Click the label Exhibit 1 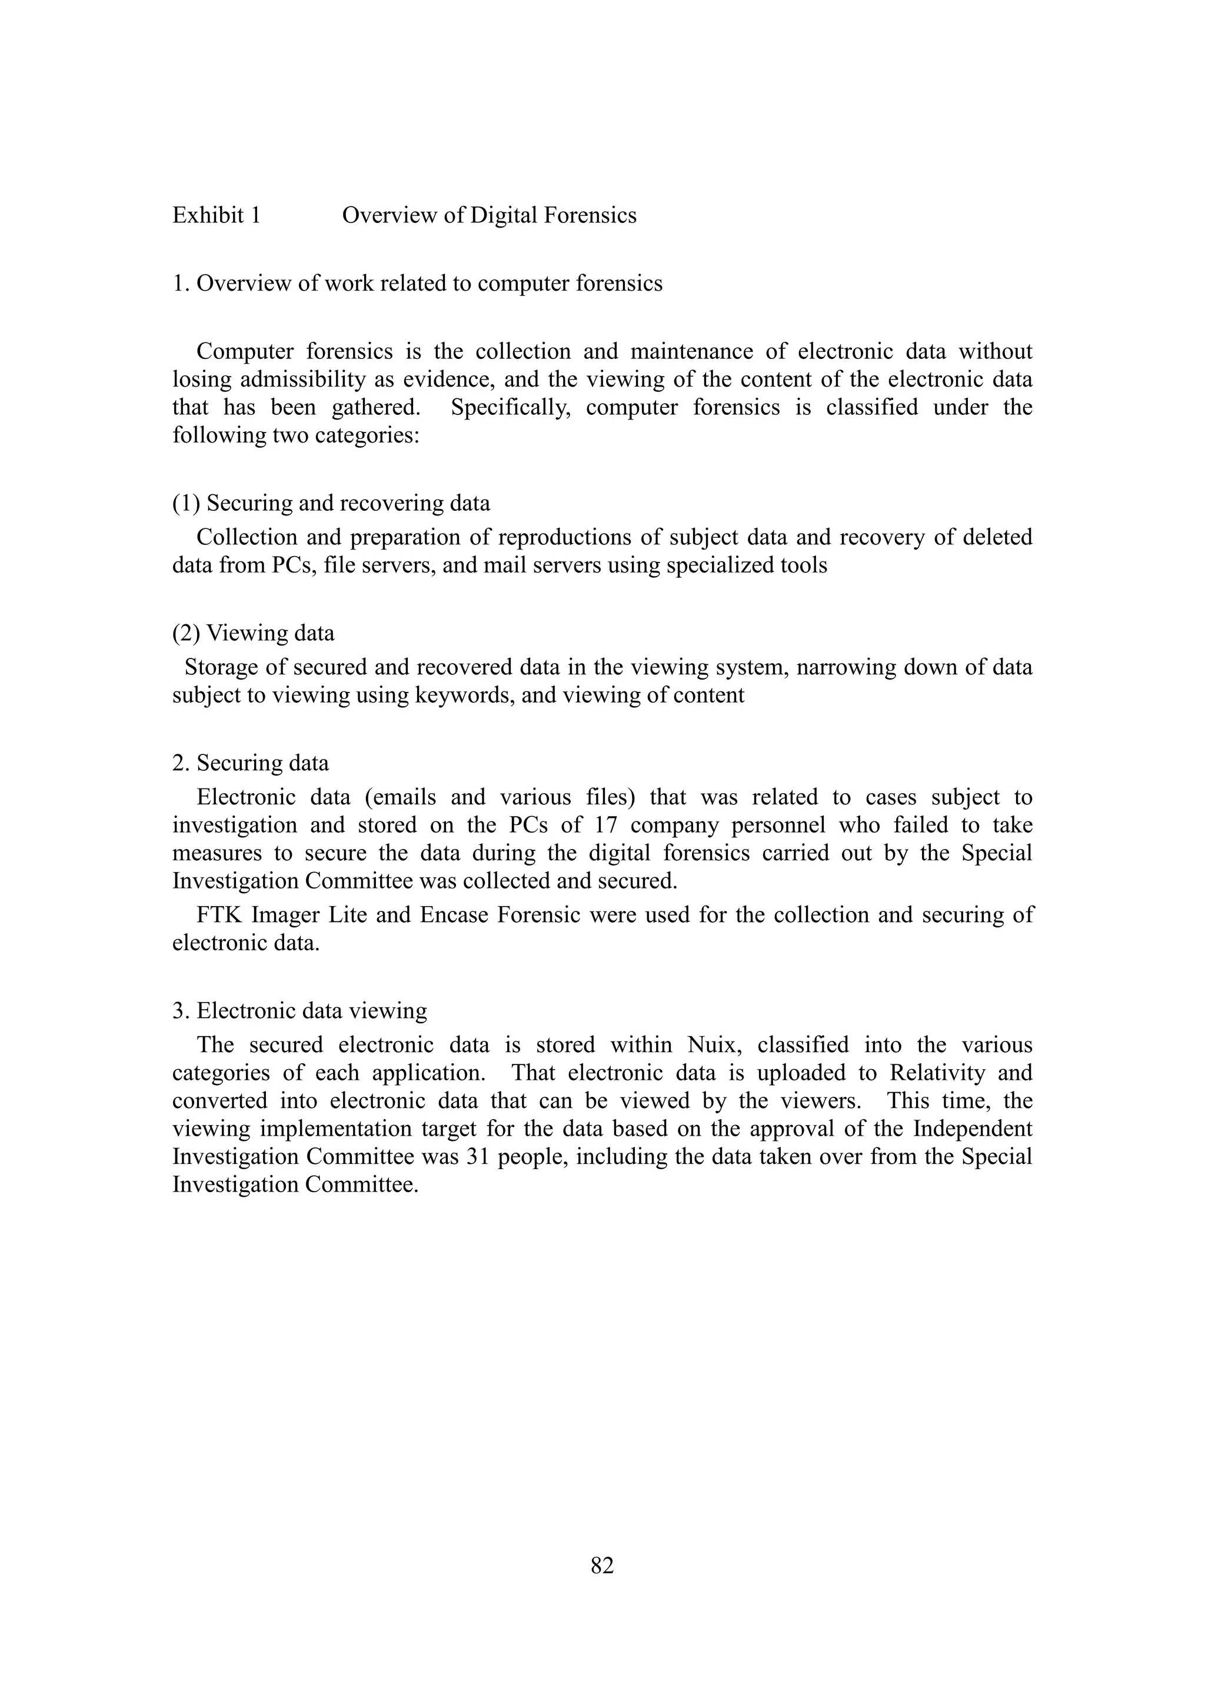tap(217, 215)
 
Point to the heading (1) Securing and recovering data tap(331, 503)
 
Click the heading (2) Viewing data tap(253, 633)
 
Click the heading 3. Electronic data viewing tap(299, 1011)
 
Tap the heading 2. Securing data tap(251, 763)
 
